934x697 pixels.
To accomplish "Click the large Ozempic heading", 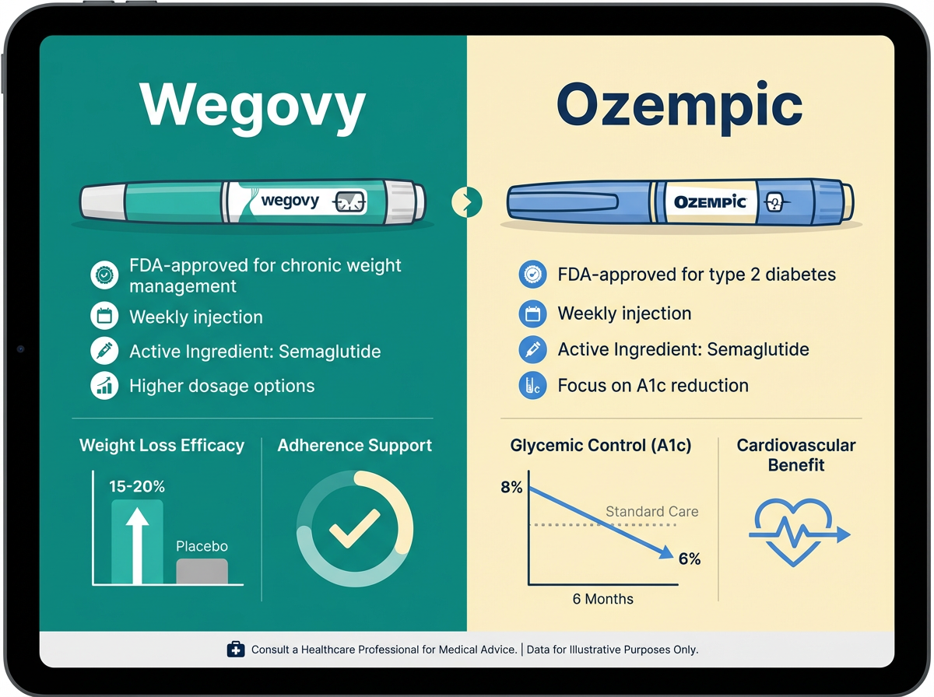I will tap(679, 107).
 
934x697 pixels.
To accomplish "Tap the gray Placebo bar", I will tap(202, 571).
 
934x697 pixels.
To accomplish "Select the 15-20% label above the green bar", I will tap(137, 487).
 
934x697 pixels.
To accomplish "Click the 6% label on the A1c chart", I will tap(690, 559).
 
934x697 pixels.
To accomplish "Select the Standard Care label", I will tap(651, 512).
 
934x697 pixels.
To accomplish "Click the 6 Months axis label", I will tap(602, 599).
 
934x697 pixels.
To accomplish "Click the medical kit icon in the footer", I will tap(235, 649).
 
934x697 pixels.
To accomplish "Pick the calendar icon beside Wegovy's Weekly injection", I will tap(104, 317).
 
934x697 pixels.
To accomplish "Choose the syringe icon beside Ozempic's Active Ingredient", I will tap(532, 350).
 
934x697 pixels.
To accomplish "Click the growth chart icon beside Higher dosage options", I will tap(104, 386).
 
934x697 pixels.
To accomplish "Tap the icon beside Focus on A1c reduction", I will tap(532, 386).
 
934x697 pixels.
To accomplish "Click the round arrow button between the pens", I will tap(466, 203).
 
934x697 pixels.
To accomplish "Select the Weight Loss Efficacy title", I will tap(162, 446).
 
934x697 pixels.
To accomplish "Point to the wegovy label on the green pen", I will tap(290, 201).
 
